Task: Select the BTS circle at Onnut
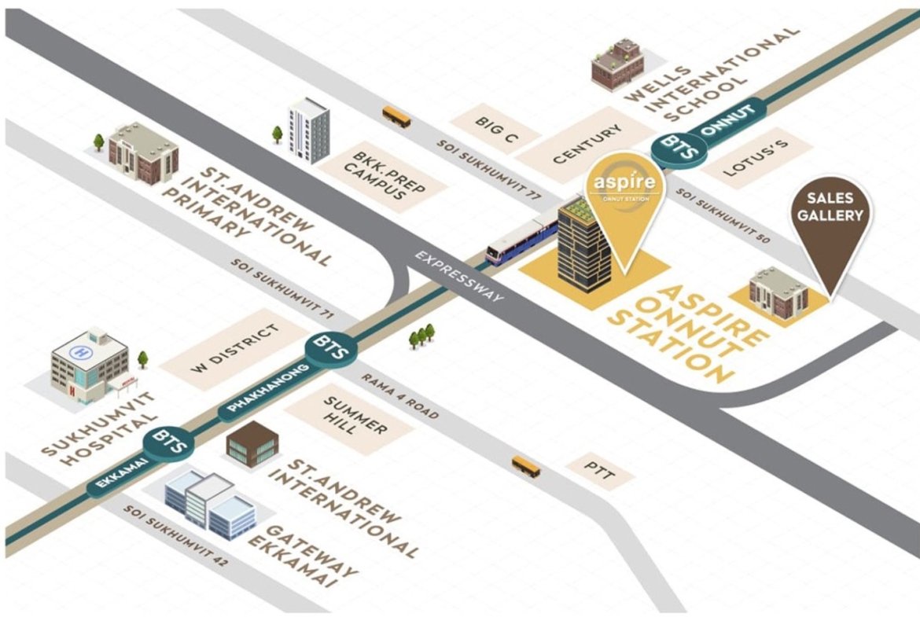[x=679, y=147]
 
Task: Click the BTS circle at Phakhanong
[x=331, y=348]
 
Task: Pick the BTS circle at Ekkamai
[x=169, y=443]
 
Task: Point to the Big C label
[x=496, y=130]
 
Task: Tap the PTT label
[x=600, y=471]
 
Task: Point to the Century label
[x=587, y=144]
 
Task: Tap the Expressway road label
[x=459, y=276]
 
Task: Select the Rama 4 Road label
[x=399, y=396]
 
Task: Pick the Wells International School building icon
[x=618, y=64]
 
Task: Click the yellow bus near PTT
[x=526, y=467]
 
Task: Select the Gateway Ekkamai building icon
[x=210, y=505]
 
